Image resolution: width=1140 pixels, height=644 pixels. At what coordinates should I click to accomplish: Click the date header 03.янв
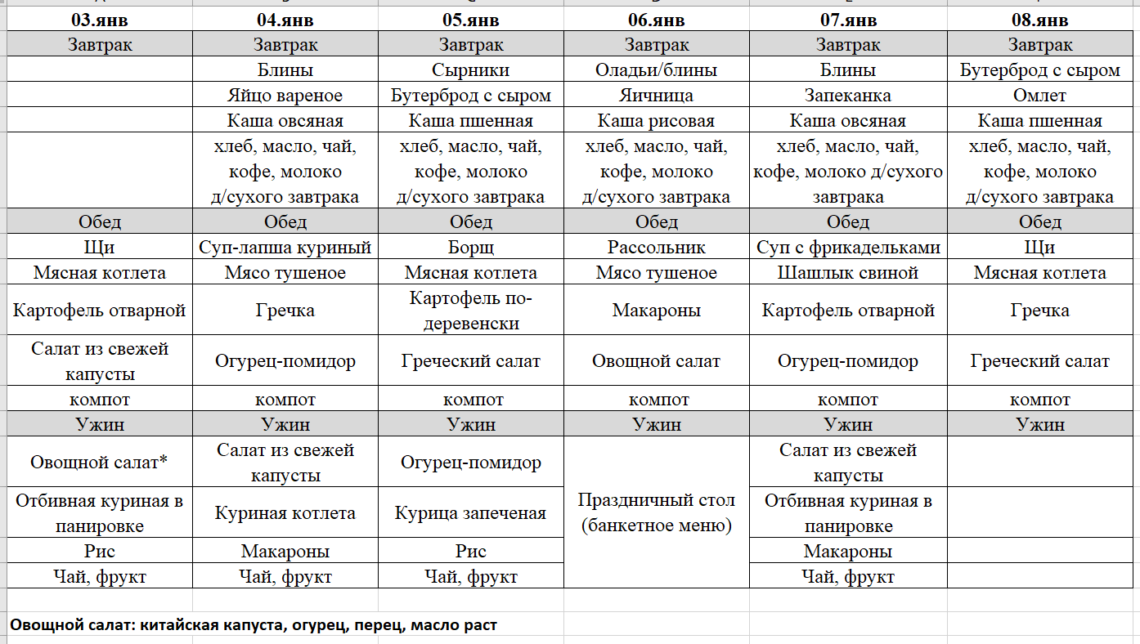pos(100,20)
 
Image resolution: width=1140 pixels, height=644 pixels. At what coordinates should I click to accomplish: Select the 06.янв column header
pos(657,20)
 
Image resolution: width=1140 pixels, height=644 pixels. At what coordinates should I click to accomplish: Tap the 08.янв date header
pos(1040,20)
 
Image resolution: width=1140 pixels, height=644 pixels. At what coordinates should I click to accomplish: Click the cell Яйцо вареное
pos(285,96)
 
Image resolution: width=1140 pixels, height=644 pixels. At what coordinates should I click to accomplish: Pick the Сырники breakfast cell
pos(471,70)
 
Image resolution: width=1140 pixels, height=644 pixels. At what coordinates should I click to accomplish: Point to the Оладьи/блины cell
pos(657,70)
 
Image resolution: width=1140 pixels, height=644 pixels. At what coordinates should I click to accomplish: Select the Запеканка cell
pos(848,96)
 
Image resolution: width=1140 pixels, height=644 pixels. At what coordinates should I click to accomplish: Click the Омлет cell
pos(1040,96)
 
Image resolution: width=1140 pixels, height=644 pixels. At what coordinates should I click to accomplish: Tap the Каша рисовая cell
pos(657,121)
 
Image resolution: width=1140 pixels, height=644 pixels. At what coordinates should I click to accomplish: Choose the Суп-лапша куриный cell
pos(285,248)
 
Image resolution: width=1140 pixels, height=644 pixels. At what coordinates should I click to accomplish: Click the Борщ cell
pos(471,248)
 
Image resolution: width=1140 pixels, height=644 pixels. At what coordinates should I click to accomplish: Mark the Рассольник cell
pos(657,248)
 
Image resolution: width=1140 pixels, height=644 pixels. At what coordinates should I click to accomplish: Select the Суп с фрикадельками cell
pos(848,248)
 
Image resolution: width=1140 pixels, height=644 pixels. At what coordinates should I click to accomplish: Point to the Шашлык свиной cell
pos(848,273)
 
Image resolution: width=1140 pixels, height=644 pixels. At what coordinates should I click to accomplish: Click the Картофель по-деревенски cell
pos(471,311)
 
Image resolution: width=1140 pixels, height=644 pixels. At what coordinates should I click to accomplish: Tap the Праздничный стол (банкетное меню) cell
pos(657,512)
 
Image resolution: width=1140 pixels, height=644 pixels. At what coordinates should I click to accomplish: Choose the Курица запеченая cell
pos(471,513)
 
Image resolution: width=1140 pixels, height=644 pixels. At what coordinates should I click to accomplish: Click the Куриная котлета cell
pos(285,513)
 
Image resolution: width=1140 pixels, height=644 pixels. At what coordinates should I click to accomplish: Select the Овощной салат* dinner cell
pos(100,463)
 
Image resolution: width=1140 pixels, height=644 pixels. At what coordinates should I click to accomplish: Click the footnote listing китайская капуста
pos(254,625)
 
